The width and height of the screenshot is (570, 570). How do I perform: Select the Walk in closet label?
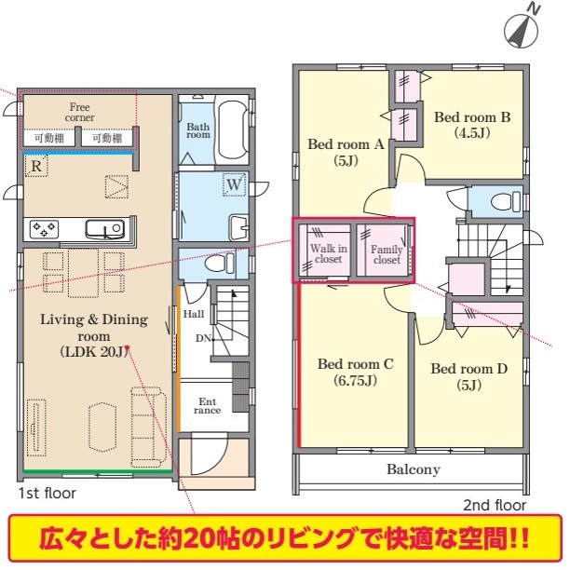pyautogui.click(x=329, y=253)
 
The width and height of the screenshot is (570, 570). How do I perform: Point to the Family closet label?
pyautogui.click(x=387, y=254)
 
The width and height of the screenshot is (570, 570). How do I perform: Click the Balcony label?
pyautogui.click(x=414, y=469)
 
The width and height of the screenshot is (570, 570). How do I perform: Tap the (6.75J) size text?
pyautogui.click(x=355, y=381)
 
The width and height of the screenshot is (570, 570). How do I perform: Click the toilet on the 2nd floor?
pyautogui.click(x=506, y=201)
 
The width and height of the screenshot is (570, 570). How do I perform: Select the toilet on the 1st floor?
pyautogui.click(x=219, y=263)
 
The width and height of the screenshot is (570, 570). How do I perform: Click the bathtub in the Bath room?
pyautogui.click(x=233, y=129)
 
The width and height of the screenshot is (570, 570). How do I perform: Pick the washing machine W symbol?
pyautogui.click(x=234, y=185)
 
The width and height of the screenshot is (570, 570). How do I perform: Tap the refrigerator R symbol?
pyautogui.click(x=36, y=166)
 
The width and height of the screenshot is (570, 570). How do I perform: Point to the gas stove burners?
pyautogui.click(x=44, y=229)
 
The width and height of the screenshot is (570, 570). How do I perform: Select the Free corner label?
pyautogui.click(x=79, y=113)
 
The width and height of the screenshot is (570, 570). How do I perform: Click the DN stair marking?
pyautogui.click(x=203, y=338)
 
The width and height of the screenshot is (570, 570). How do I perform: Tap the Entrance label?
pyautogui.click(x=207, y=406)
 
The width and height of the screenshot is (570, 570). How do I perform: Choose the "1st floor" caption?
pyautogui.click(x=47, y=494)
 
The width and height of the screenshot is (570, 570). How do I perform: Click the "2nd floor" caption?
pyautogui.click(x=495, y=505)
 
